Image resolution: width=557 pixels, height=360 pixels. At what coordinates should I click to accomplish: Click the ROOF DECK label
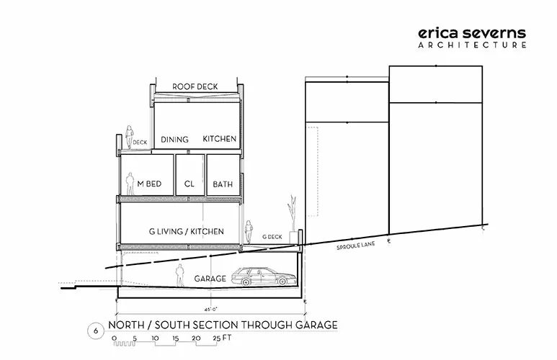(x=195, y=86)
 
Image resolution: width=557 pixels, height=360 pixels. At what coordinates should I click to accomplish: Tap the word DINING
(x=174, y=140)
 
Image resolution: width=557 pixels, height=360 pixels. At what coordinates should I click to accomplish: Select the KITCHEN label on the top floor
(x=220, y=139)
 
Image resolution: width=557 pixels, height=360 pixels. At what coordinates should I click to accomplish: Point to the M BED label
(x=149, y=184)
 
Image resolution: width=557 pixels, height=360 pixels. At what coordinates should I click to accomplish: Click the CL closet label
(x=190, y=184)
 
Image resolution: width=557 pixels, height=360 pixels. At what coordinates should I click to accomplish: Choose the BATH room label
(x=223, y=184)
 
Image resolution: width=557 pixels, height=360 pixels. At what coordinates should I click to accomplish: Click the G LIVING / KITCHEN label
(x=187, y=231)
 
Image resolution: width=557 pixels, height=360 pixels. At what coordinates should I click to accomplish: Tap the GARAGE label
(x=210, y=279)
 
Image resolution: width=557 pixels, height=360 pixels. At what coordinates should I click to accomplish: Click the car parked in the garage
(x=264, y=277)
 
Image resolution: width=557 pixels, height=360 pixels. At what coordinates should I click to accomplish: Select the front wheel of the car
(x=282, y=282)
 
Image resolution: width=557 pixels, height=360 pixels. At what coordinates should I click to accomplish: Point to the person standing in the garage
(x=180, y=275)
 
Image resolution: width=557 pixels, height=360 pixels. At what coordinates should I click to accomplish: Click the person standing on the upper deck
(x=129, y=137)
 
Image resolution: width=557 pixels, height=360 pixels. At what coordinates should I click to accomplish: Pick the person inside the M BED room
(x=130, y=184)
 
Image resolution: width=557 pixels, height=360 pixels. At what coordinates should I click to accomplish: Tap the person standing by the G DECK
(x=249, y=231)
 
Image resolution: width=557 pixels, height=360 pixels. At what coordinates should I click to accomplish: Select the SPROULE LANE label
(x=355, y=246)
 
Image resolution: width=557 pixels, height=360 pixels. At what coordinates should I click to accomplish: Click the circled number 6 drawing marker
(x=96, y=331)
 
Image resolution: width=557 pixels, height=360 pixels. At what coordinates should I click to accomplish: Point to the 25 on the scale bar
(x=217, y=338)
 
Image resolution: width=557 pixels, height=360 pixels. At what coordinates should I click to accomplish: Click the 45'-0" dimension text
(x=210, y=309)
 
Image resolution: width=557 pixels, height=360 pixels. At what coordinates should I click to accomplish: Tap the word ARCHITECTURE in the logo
(x=472, y=45)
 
